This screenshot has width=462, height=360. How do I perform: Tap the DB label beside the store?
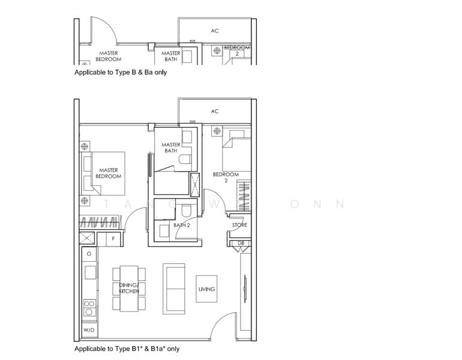(241, 243)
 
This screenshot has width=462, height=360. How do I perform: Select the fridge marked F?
(113, 238)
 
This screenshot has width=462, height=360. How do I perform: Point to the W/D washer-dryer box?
(89, 330)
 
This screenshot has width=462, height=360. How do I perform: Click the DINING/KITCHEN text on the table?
(128, 287)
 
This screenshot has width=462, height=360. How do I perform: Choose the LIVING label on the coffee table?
(206, 289)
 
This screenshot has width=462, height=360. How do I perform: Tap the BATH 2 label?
(181, 226)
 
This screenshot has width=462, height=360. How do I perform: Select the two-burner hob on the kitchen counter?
(89, 307)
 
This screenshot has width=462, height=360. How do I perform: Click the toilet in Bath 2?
(186, 209)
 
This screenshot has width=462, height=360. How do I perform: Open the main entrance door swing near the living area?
(225, 327)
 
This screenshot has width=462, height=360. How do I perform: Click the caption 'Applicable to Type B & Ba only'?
(120, 73)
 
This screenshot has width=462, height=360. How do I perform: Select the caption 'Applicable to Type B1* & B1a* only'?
(127, 349)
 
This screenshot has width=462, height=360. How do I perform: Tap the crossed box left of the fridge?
(89, 238)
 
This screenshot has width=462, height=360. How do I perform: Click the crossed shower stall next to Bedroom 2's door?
(196, 184)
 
